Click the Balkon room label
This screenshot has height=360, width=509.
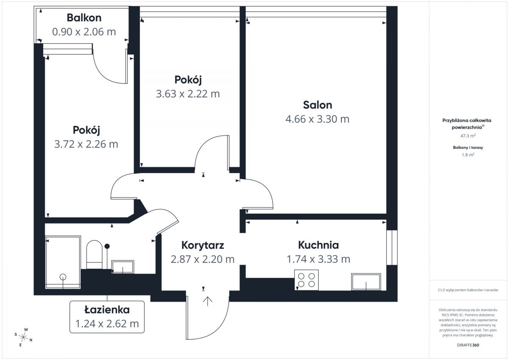coord(84,18)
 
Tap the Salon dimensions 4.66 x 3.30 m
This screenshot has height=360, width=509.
coord(317,119)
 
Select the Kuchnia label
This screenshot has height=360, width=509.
coord(319,245)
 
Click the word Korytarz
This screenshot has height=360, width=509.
coord(203,245)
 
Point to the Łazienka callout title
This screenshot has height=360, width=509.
coord(107,310)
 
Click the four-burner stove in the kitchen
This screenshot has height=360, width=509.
coord(306,280)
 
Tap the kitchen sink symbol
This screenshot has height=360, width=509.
coord(366,282)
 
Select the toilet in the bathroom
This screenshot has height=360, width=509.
coord(94,254)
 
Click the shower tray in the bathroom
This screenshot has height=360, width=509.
coord(63,262)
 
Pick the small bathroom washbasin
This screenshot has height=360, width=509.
coord(123,267)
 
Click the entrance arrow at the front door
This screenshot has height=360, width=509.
coord(207,301)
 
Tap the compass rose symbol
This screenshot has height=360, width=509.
coord(23,337)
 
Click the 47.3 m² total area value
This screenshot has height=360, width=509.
coord(468,136)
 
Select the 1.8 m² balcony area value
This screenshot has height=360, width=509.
coord(468,155)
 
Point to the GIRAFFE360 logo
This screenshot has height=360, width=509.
coord(468,345)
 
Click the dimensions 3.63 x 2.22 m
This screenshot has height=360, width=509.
coord(188,94)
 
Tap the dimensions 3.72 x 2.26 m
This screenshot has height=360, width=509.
coord(86,144)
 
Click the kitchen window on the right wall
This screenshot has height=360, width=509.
coord(392,247)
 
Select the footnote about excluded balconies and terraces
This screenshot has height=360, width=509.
coord(468,290)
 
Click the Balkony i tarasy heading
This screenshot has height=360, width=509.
coord(468,148)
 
